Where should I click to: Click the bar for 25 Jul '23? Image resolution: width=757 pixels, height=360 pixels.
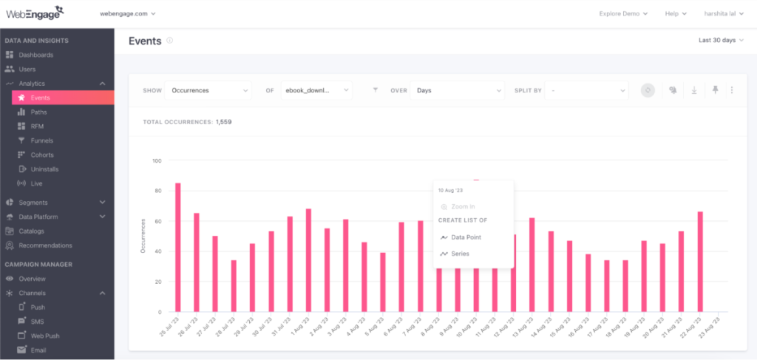(178, 247)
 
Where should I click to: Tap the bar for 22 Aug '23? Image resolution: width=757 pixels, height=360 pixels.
(700, 262)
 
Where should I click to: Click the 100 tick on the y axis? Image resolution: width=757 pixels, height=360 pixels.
(157, 160)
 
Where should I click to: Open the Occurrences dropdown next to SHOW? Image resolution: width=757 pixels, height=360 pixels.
(208, 90)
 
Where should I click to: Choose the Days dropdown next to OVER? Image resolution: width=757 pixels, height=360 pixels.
(457, 90)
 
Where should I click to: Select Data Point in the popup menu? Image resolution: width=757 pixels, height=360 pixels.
(466, 237)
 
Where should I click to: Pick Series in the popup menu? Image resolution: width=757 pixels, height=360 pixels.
(460, 254)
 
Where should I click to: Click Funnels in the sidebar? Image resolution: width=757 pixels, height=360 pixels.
(41, 140)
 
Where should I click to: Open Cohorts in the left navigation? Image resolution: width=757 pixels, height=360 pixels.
(42, 154)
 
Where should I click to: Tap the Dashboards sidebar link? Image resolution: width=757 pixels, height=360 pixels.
(35, 55)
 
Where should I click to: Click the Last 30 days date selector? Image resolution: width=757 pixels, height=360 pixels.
(721, 40)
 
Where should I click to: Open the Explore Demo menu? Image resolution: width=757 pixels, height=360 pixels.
(623, 13)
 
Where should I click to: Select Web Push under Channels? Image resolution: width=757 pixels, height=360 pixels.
(45, 335)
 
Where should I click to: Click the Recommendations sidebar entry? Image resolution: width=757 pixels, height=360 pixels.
(45, 245)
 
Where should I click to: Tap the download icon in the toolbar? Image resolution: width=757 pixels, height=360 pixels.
(694, 90)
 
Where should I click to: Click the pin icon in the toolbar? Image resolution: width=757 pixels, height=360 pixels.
(715, 90)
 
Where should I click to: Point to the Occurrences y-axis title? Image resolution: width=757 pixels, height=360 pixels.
(143, 236)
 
